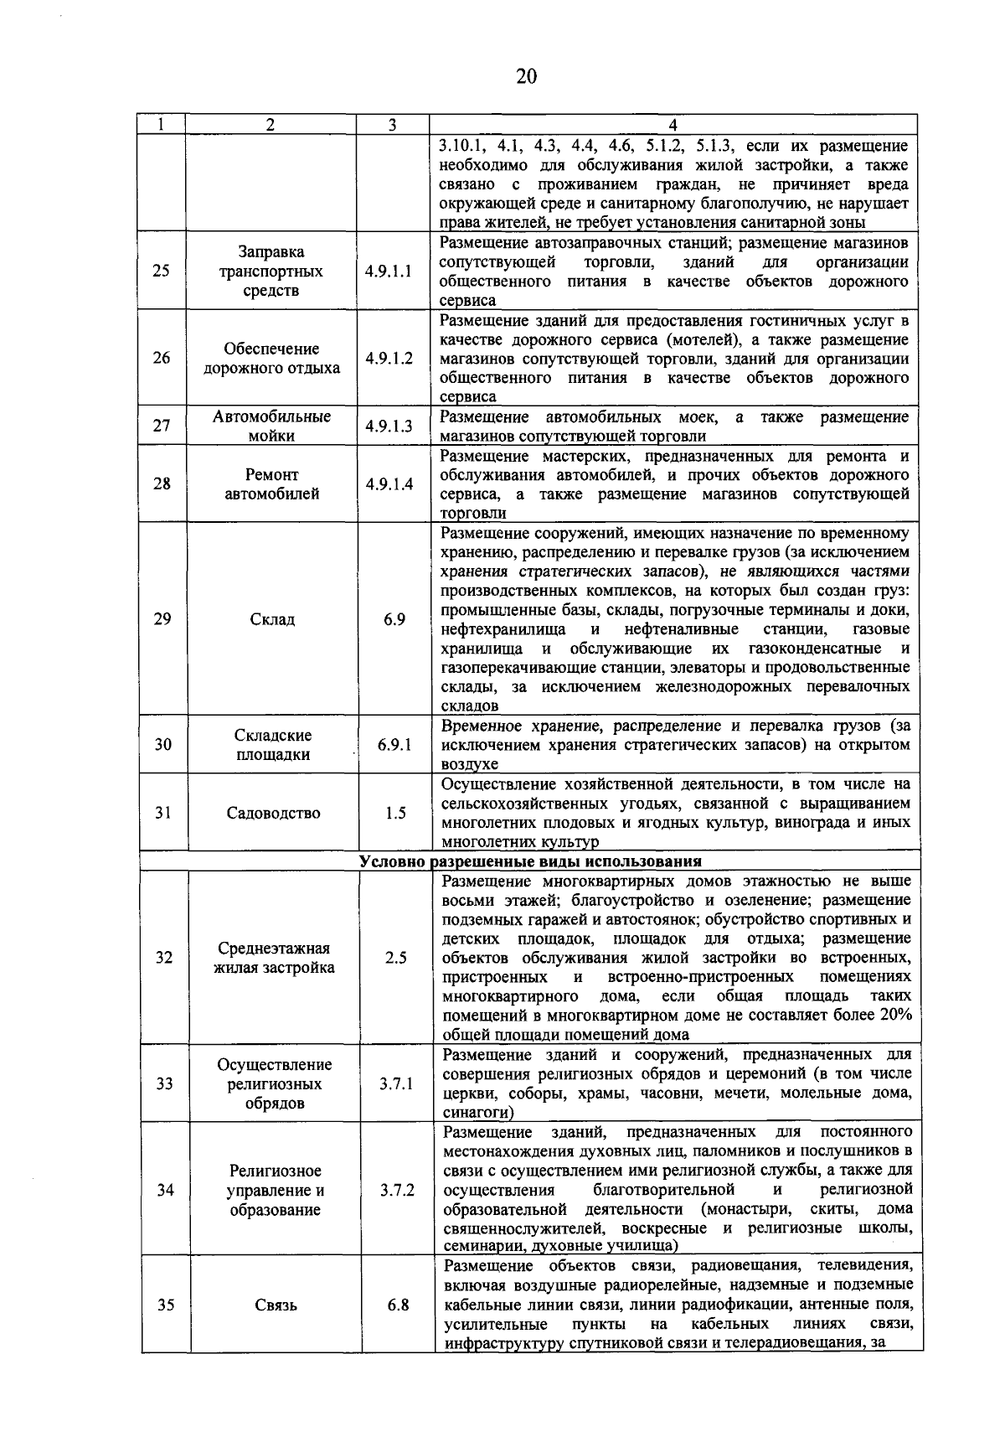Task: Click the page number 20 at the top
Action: [x=525, y=77]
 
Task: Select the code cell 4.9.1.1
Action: [x=389, y=271]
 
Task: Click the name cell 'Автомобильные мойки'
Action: [x=271, y=426]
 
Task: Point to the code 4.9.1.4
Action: [x=389, y=483]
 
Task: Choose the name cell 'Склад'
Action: [x=272, y=619]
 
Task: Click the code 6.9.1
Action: [x=394, y=743]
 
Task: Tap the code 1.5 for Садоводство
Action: [x=395, y=813]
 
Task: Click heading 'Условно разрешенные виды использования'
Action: [x=530, y=861]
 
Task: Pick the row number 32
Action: [x=163, y=958]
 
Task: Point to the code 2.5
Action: [x=395, y=958]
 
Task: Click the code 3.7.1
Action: [x=395, y=1083]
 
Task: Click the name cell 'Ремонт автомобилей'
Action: [x=271, y=484]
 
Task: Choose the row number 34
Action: [x=165, y=1190]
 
